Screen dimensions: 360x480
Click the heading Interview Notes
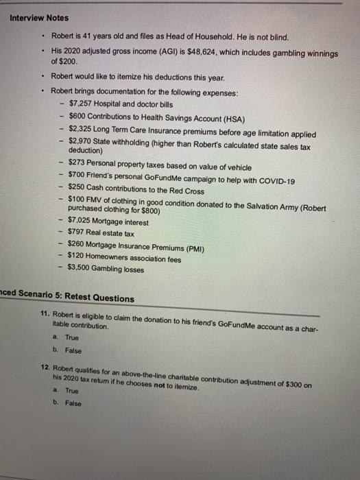(38, 18)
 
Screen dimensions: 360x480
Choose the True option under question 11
(72, 338)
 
